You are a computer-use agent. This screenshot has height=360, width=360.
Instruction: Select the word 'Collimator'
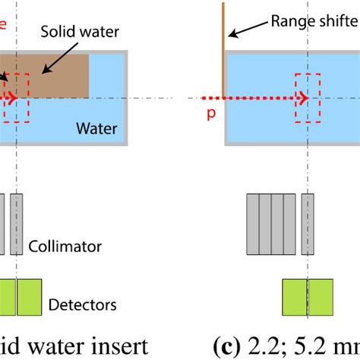[x=65, y=246]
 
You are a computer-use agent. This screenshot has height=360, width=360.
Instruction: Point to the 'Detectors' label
[x=82, y=305]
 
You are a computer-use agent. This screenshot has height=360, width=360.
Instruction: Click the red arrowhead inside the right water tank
[x=302, y=98]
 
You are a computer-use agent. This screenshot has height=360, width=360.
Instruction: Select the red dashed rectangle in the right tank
[x=308, y=98]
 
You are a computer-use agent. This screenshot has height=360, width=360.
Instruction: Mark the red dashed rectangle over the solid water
[x=16, y=97]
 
